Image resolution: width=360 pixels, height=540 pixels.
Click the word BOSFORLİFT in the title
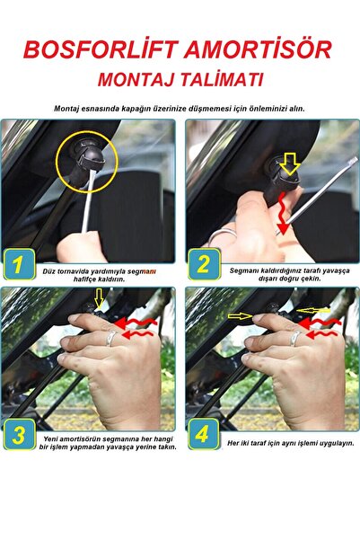click(x=101, y=49)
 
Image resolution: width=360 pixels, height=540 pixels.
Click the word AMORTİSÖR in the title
click(x=258, y=49)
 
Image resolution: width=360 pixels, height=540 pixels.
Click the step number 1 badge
click(x=19, y=264)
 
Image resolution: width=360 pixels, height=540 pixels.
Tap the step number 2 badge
click(x=204, y=264)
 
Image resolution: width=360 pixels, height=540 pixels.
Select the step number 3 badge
click(x=19, y=434)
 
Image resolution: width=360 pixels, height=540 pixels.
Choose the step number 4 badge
click(x=204, y=434)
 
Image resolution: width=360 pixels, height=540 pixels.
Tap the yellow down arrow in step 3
click(x=99, y=298)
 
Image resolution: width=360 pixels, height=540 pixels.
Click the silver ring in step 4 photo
click(x=295, y=339)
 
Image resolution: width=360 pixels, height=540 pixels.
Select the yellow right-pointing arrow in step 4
click(x=241, y=315)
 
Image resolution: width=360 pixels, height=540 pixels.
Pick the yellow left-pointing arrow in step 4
click(x=313, y=310)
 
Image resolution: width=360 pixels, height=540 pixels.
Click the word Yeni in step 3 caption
click(x=49, y=439)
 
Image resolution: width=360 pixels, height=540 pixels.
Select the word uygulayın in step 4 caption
click(x=338, y=444)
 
